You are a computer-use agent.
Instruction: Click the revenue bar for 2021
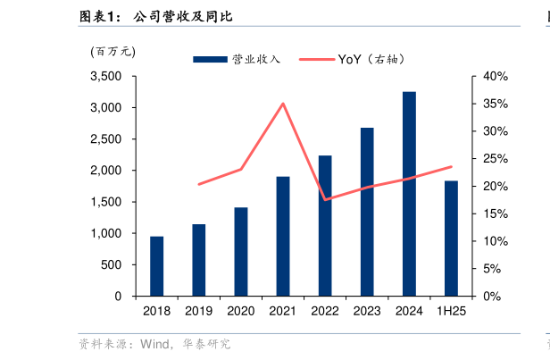(282, 237)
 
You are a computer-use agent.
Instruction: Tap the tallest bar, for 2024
(408, 194)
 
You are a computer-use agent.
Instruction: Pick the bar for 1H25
(451, 239)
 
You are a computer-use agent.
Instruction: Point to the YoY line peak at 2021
(283, 104)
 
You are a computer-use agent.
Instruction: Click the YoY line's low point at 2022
(325, 199)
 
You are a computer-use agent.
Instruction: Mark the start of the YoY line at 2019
(198, 184)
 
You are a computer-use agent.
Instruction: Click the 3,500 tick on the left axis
(106, 77)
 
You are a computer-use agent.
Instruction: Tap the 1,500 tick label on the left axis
(106, 202)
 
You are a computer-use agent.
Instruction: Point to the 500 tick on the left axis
(112, 264)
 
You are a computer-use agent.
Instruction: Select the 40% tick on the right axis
(495, 77)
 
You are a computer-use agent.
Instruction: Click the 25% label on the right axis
(495, 159)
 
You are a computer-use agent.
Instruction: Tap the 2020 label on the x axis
(240, 311)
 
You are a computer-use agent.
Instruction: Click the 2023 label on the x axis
(366, 311)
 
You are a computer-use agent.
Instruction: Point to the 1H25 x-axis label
(451, 311)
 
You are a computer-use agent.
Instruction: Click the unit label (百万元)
(112, 51)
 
